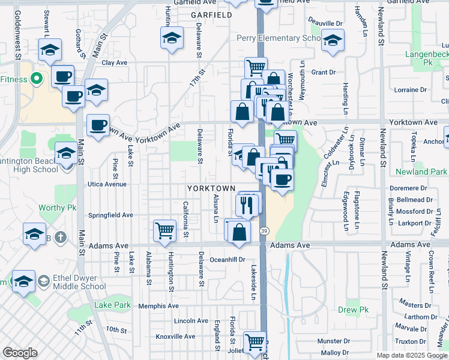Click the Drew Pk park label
352,310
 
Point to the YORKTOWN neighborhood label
211,188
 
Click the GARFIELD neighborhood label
211,14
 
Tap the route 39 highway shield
264,230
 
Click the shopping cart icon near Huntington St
164,230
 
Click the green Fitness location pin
36,79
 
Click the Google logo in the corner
20,353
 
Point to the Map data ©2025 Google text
412,355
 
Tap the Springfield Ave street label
110,215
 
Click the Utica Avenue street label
107,184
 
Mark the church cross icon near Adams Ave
59,237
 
